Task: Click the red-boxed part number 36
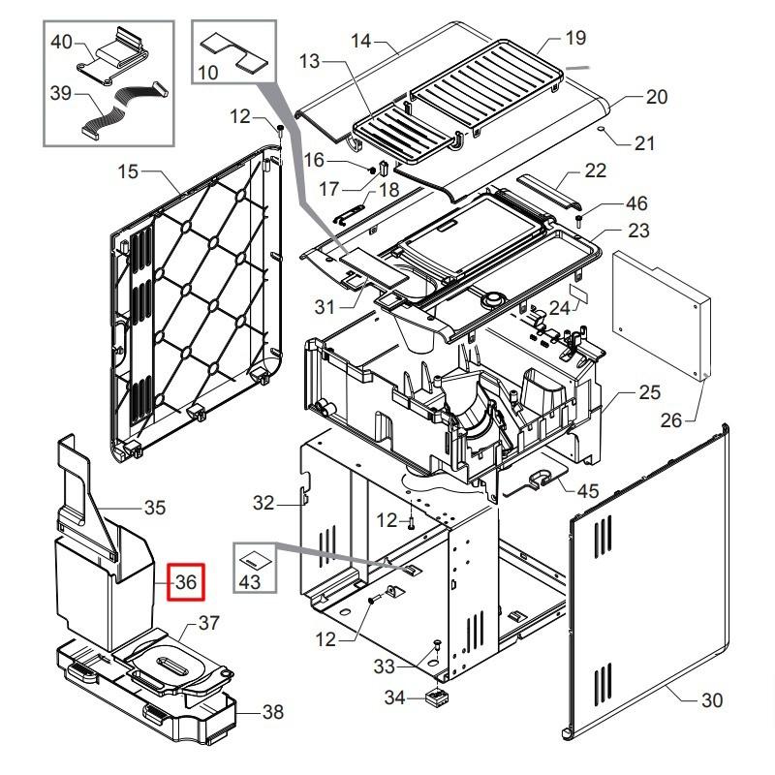click(x=186, y=582)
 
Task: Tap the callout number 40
click(x=61, y=43)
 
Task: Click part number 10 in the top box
click(x=208, y=71)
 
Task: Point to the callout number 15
click(x=129, y=172)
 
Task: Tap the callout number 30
click(x=712, y=700)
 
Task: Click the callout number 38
click(x=273, y=712)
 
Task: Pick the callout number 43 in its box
click(x=249, y=582)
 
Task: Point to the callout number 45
click(x=588, y=491)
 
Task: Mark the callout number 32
click(x=263, y=503)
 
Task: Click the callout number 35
click(x=155, y=507)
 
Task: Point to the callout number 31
click(x=324, y=307)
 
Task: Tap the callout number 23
click(x=638, y=231)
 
